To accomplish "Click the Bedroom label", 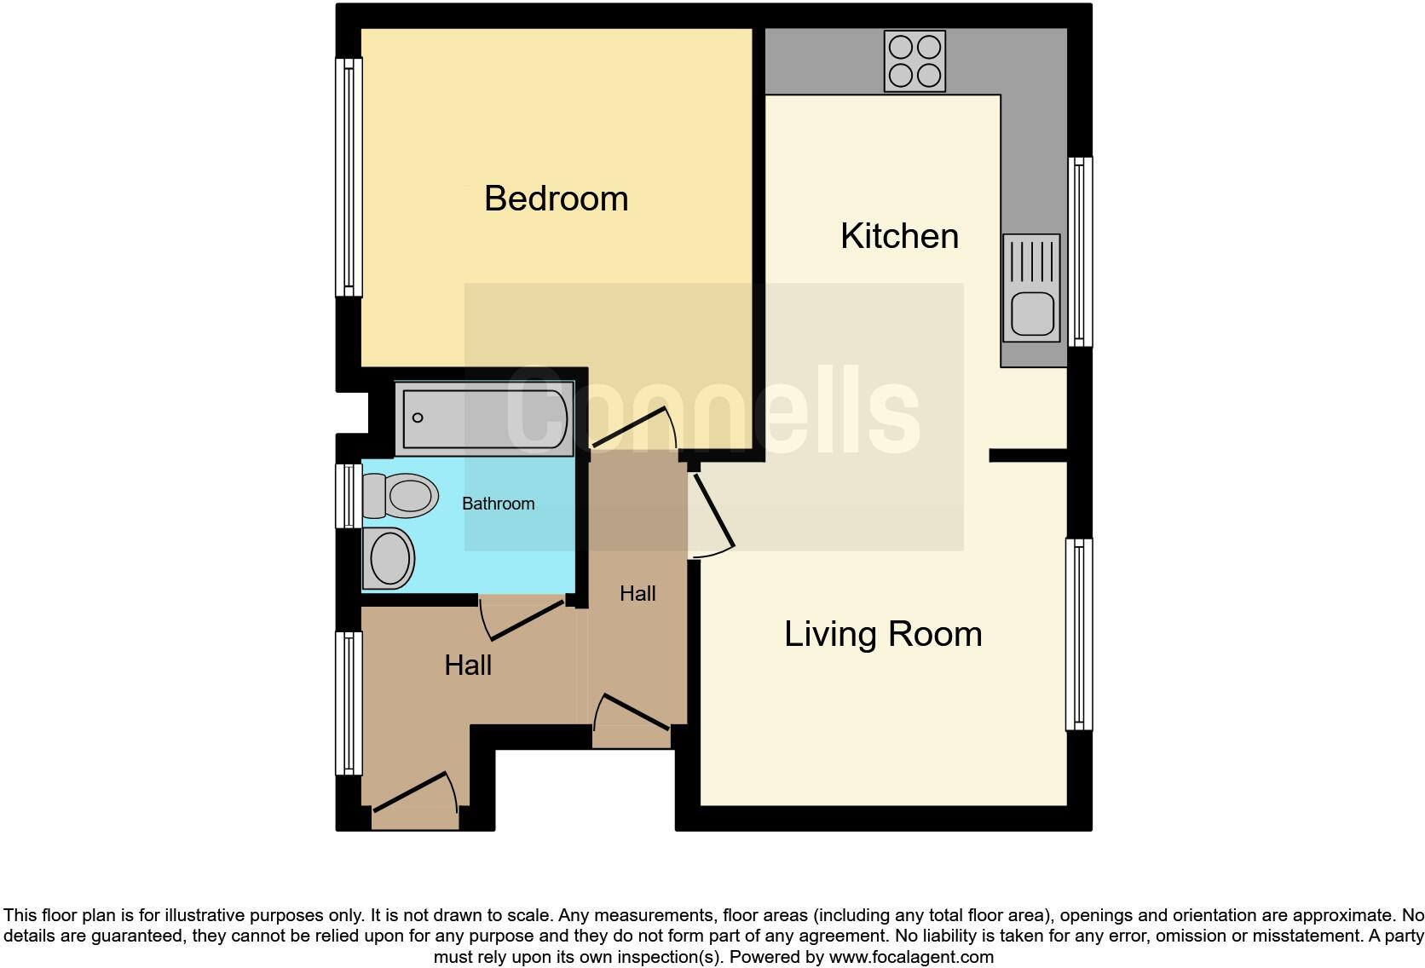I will pos(556,199).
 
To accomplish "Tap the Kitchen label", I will pos(899,236).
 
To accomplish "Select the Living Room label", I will pos(883,634).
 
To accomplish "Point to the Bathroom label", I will pos(498,504).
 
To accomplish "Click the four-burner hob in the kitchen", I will pos(914,60).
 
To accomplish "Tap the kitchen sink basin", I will pos(1032,313).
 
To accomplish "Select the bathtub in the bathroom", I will pos(485,418).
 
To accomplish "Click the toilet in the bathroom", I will pos(401,495).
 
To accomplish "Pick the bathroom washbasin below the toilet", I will pos(389,558).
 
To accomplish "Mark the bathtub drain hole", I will pos(418,418).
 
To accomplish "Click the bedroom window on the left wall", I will pos(349,176).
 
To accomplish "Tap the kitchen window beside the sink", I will pos(1080,251).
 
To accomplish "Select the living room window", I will pos(1079,634).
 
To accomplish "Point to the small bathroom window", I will pos(348,495).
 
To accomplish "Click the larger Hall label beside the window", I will pos(468,665).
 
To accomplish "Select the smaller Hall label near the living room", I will pos(637,594).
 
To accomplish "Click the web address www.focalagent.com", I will pos(911,957).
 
